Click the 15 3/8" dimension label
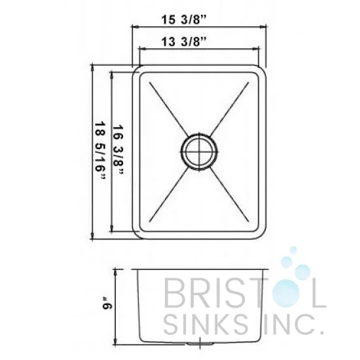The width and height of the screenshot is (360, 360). tap(183, 19)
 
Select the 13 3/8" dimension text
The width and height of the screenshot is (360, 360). tap(183, 42)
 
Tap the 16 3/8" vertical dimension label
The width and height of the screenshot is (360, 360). tap(118, 153)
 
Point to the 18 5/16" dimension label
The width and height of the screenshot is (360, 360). tap(101, 153)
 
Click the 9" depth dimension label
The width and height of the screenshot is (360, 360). tap(107, 303)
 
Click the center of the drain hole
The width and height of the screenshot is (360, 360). tap(199, 152)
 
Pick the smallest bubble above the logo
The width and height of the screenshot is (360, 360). tap(293, 250)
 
